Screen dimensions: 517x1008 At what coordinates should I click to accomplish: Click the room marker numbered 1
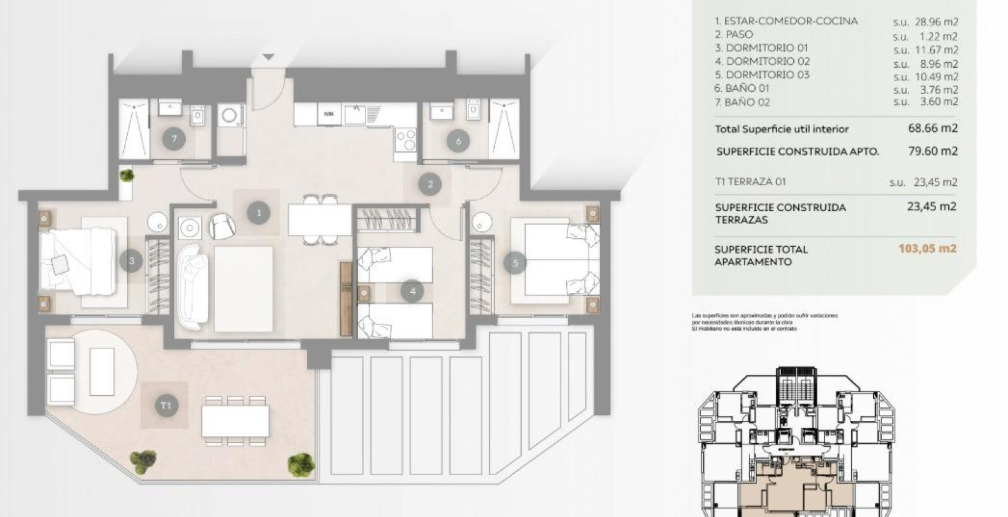259,213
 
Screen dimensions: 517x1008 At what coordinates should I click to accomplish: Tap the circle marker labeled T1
166,405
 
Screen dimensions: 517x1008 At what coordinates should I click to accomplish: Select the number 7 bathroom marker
174,138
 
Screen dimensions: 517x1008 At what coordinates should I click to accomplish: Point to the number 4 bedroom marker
412,291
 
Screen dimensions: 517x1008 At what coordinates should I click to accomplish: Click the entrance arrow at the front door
269,57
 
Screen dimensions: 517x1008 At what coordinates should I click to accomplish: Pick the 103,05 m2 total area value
927,249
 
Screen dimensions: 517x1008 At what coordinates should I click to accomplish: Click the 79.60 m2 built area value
933,151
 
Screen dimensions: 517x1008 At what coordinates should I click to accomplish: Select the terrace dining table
235,421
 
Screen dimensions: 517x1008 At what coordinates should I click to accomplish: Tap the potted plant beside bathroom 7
127,176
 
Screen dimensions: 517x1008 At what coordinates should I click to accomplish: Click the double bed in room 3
77,260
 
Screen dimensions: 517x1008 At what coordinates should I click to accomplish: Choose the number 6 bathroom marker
458,141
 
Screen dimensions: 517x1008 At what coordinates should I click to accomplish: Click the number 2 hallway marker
430,183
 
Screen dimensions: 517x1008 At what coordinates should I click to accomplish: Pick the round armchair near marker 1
222,226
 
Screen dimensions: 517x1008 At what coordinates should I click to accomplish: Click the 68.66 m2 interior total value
933,129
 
